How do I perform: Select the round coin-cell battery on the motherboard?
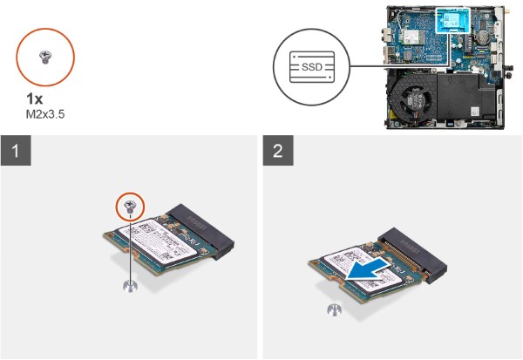point(479,36)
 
